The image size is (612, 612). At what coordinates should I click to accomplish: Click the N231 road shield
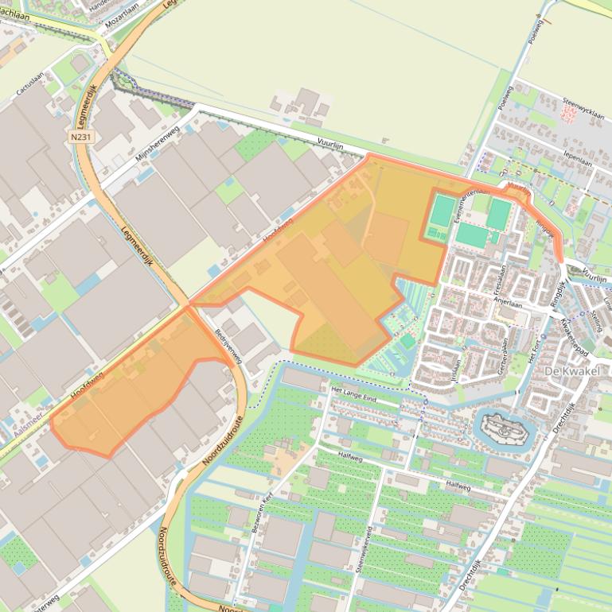80,137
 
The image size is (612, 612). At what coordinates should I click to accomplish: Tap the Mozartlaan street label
121,14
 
